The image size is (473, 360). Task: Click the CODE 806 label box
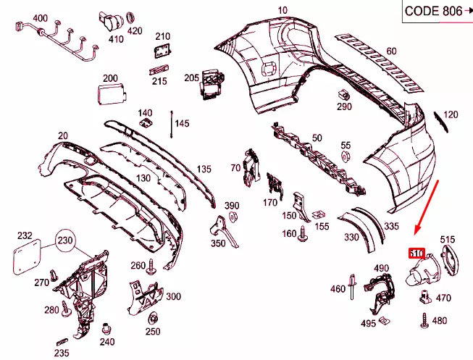tap(435, 11)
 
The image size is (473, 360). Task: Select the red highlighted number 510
tap(416, 254)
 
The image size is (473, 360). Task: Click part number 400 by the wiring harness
tap(41, 18)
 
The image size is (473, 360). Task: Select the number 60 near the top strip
tap(392, 51)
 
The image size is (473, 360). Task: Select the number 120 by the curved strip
tap(451, 114)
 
